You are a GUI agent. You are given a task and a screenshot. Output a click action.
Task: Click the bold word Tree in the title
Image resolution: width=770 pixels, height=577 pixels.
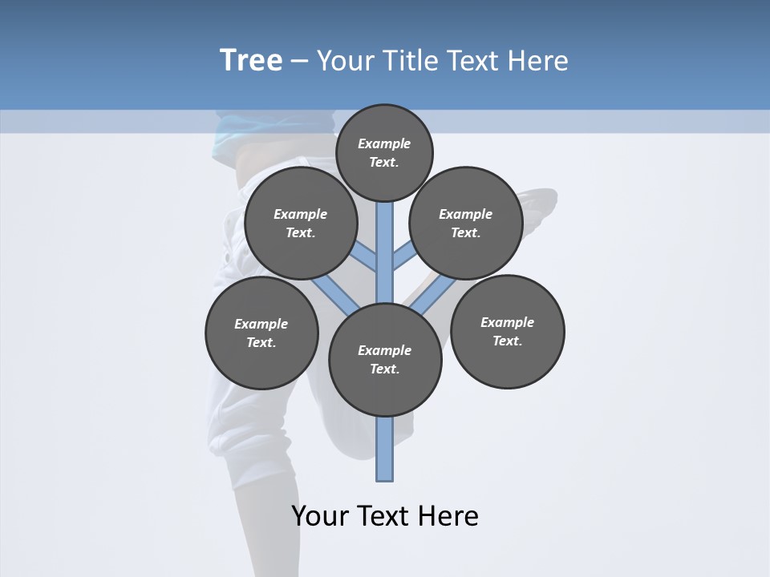coord(251,61)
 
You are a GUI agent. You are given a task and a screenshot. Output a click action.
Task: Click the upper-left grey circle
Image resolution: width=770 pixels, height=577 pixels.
coord(301,224)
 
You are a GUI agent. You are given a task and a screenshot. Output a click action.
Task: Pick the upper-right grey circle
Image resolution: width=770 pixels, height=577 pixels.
coord(466,224)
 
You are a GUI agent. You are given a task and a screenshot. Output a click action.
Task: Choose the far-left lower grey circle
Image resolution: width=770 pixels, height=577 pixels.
coord(261,333)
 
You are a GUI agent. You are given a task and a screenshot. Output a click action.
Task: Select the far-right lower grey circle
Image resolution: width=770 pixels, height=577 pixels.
coord(508,332)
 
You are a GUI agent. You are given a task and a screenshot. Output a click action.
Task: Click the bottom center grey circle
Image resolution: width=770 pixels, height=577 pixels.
coord(385,360)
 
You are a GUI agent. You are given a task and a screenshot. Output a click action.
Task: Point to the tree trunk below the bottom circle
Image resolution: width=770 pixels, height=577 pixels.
coord(385,449)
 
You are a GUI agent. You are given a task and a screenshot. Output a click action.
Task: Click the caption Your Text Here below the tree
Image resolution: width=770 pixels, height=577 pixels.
coord(385,516)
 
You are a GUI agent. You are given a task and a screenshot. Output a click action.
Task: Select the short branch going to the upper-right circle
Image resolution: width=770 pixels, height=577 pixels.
coord(403,256)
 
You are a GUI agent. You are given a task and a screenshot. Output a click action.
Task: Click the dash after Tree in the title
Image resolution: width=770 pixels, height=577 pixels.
coord(299,61)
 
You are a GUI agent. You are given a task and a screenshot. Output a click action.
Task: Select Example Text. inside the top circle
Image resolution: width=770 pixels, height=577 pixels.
coord(384,152)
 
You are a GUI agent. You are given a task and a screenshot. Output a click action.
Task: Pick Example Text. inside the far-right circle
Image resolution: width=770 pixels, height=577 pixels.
coord(507,331)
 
